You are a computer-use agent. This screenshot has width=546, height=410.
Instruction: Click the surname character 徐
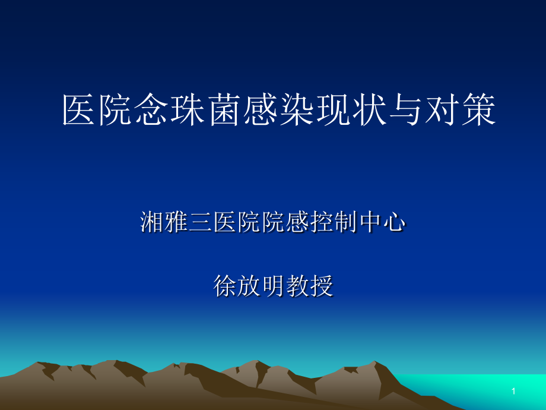[224, 286]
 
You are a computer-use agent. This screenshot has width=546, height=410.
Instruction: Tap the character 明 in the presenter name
[272, 286]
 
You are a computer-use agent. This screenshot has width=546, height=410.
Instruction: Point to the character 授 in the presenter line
[321, 286]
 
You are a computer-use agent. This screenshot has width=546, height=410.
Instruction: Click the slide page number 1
[514, 392]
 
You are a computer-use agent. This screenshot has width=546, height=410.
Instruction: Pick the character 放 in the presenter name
[248, 286]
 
